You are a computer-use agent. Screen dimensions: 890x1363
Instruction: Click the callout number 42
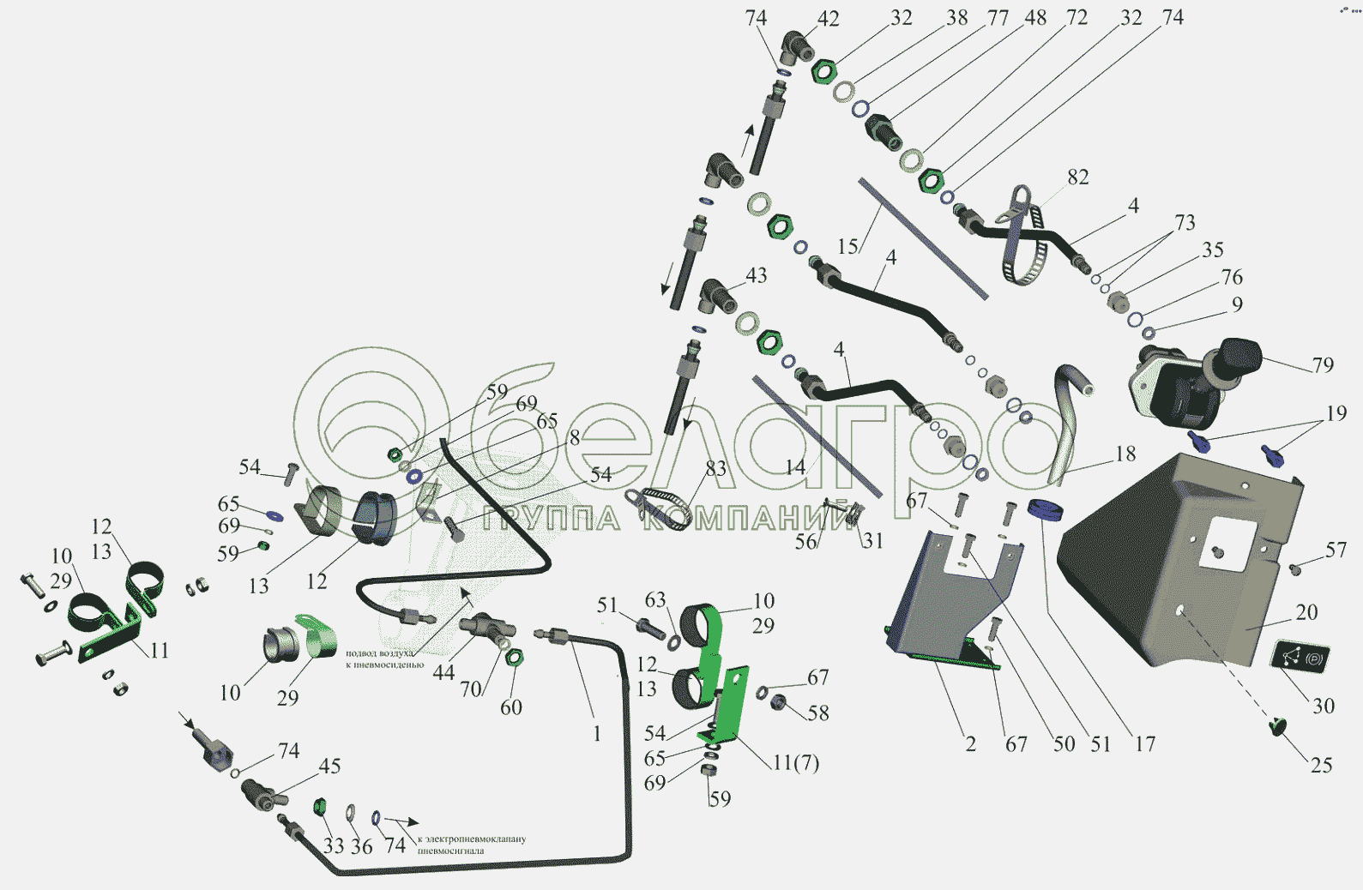click(x=828, y=19)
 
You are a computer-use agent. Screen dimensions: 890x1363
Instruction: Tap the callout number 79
click(x=1323, y=365)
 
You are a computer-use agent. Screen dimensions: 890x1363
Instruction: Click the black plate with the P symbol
click(x=1300, y=657)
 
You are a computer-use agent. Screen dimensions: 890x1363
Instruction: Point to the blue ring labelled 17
click(x=1045, y=509)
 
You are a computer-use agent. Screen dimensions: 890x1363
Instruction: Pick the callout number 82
click(x=1078, y=177)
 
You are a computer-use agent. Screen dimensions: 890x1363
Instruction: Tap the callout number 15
click(x=847, y=247)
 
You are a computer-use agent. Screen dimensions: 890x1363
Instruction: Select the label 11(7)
click(x=796, y=763)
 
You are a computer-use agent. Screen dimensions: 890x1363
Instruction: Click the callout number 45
click(x=330, y=766)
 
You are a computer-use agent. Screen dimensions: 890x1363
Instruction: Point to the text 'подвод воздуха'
click(x=379, y=653)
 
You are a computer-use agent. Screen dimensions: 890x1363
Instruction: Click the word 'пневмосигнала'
click(x=451, y=851)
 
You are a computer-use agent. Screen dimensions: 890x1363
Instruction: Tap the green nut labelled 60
click(x=514, y=658)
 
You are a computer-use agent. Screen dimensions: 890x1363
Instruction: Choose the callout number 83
click(x=715, y=469)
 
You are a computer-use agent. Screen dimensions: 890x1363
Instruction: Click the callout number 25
click(x=1321, y=765)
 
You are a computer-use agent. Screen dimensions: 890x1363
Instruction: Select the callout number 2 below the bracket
click(x=970, y=744)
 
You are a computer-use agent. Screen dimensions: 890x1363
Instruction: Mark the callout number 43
click(x=756, y=276)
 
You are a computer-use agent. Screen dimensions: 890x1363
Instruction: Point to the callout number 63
click(x=655, y=600)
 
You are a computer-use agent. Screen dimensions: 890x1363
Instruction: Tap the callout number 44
click(x=443, y=673)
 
